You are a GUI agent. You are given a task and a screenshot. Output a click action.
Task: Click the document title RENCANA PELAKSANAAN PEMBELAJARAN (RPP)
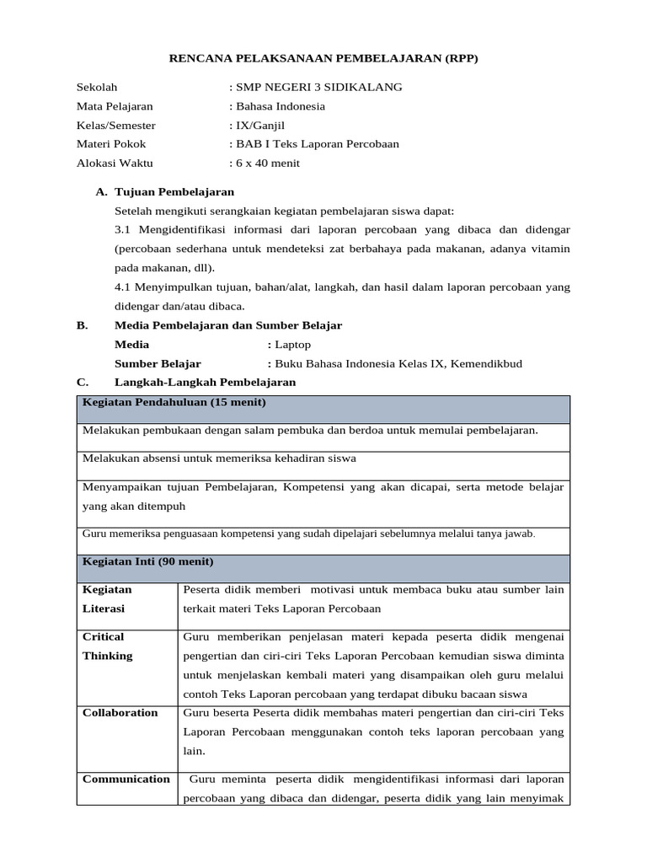(323, 58)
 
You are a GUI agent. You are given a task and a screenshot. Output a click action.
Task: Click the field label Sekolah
(97, 87)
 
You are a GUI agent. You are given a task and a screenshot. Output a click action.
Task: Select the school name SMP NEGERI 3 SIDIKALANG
(318, 87)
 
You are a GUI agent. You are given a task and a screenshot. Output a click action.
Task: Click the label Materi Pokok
(111, 144)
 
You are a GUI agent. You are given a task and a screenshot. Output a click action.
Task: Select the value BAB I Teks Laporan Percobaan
(317, 144)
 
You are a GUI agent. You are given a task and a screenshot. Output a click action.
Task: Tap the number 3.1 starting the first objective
(123, 229)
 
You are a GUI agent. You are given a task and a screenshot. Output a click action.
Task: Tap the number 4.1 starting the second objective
(123, 287)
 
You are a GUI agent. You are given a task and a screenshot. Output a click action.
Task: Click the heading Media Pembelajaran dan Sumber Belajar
(228, 325)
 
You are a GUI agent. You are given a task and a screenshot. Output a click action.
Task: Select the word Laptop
(292, 345)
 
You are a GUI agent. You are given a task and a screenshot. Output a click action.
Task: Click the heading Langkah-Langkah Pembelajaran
(205, 383)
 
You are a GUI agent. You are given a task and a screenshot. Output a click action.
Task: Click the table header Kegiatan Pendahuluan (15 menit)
(174, 403)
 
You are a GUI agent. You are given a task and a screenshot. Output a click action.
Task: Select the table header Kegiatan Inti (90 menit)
(148, 561)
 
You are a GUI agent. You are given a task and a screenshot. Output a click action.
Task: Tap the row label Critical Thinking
(108, 646)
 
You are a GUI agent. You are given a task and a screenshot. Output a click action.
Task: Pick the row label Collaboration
(120, 713)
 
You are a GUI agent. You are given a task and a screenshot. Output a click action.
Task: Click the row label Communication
(126, 780)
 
